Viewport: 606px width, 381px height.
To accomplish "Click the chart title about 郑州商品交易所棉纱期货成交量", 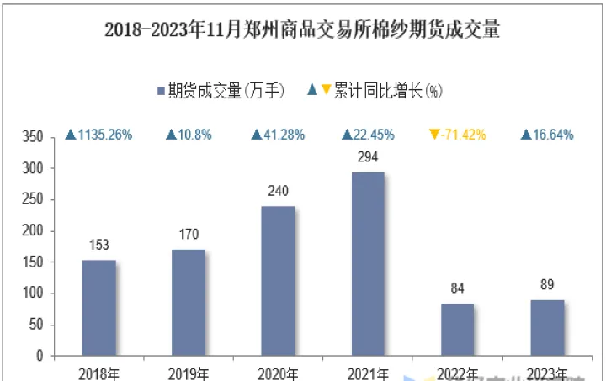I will pos(302,31).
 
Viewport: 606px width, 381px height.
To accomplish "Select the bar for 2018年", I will pos(99,308).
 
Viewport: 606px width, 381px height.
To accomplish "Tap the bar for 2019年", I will pos(189,303).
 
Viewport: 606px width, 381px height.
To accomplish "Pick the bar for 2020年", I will pos(278,281).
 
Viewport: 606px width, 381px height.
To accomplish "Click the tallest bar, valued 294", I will pos(367,264).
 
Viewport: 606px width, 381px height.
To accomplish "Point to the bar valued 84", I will pos(457,330).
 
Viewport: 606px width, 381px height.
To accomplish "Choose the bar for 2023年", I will pos(546,328).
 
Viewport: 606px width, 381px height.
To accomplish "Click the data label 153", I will pos(99,246).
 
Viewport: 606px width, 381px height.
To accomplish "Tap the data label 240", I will pos(278,191).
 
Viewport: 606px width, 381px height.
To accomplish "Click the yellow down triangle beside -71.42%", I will pos(434,135).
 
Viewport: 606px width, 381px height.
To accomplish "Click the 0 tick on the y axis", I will pos(39,357).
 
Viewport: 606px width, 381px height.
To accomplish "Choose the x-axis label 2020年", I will pos(278,373).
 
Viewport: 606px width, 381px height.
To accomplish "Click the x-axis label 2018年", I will pos(99,373).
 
